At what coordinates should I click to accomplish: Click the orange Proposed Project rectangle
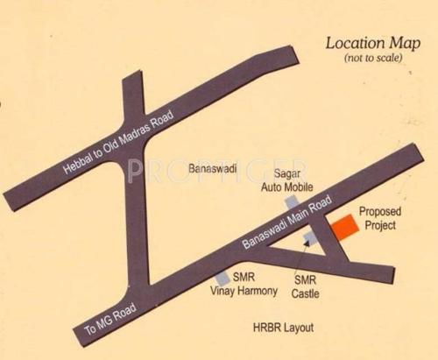[x=343, y=225]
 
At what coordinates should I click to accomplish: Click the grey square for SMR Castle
[x=310, y=237]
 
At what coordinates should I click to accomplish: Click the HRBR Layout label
[x=282, y=328]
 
